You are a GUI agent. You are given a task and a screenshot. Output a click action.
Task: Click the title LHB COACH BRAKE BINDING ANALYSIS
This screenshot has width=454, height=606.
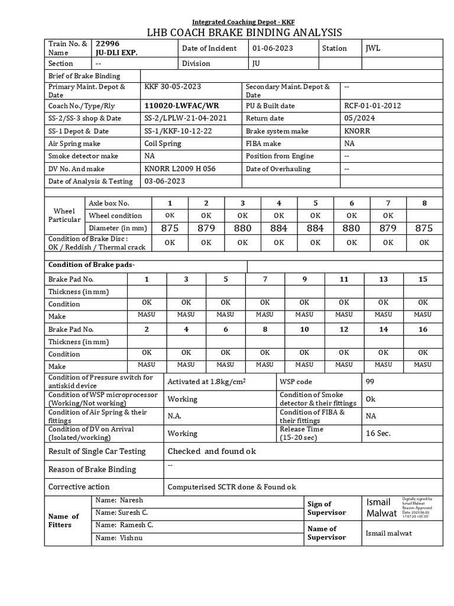244,32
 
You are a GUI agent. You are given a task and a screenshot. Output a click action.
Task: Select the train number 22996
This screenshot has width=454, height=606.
107,44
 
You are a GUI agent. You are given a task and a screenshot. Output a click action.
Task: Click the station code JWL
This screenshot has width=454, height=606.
373,49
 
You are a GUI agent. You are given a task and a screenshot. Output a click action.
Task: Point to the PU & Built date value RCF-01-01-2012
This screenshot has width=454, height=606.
374,105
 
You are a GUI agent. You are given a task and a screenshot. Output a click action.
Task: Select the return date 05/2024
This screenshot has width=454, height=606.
357,118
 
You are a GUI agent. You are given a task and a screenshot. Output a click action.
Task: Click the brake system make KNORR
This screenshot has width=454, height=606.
357,131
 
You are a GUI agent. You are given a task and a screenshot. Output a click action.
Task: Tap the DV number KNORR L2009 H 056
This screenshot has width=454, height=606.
180,169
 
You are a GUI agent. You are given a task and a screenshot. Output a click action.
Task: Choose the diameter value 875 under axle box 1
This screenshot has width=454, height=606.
170,228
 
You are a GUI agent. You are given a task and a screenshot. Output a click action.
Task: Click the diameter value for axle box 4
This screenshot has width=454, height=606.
278,228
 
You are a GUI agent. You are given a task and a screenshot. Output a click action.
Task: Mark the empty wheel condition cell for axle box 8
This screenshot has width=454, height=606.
424,215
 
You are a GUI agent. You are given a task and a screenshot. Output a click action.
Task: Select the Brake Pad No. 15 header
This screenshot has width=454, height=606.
423,279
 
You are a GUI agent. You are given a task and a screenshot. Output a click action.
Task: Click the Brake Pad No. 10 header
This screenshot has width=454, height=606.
304,329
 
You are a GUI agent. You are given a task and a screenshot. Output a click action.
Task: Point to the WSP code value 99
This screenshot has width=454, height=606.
371,382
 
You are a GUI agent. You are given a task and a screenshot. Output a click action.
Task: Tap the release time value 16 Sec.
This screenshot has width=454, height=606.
378,433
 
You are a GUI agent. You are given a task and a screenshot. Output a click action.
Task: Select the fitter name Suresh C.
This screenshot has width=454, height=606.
122,512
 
